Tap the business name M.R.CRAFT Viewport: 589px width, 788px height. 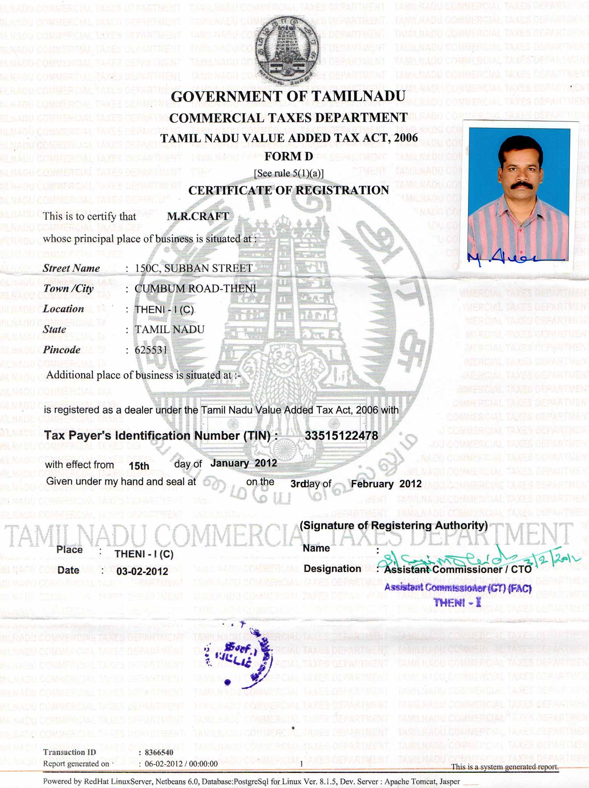click(x=198, y=216)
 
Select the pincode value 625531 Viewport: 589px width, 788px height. click(x=151, y=350)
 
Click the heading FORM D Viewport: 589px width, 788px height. click(x=289, y=156)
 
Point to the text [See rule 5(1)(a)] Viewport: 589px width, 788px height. click(x=289, y=173)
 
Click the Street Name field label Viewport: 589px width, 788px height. click(x=71, y=268)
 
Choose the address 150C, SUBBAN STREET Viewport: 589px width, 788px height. click(x=194, y=268)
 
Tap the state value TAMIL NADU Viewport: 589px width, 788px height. click(x=169, y=329)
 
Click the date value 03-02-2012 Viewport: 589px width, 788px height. click(x=142, y=571)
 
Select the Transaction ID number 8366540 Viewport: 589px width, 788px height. click(x=159, y=752)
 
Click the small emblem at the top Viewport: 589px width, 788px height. click(x=287, y=50)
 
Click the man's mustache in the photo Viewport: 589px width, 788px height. click(x=519, y=185)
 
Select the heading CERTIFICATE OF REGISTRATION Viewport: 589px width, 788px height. click(x=289, y=190)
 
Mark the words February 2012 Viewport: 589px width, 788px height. click(x=386, y=484)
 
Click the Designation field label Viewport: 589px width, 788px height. click(x=332, y=568)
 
